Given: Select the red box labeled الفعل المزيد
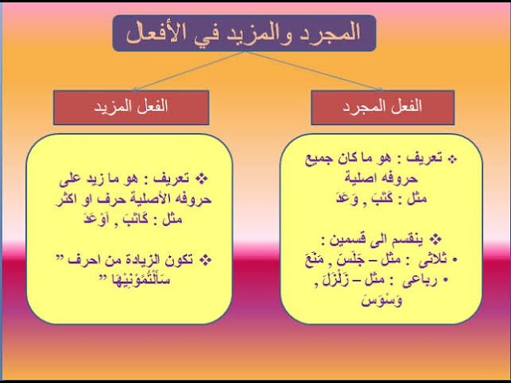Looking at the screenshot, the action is [131, 108].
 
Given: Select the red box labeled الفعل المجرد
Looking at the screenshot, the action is [382, 108].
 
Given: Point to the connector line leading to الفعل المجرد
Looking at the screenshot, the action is [314, 70].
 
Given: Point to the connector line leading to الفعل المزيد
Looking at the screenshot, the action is [189, 70].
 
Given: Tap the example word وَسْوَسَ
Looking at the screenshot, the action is [382, 300].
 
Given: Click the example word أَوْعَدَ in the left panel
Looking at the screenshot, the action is [97, 218].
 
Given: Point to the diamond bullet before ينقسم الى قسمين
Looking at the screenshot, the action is [435, 239].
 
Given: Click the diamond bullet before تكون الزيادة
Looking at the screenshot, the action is [205, 260].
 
